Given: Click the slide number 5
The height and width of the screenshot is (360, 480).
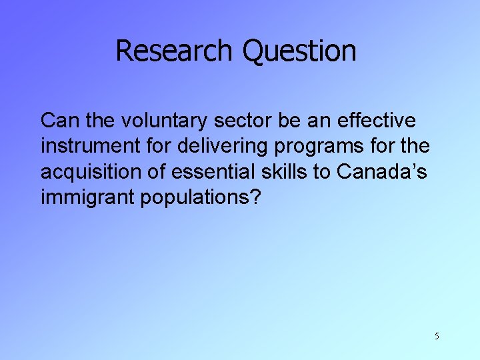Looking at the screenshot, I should tap(437, 336).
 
